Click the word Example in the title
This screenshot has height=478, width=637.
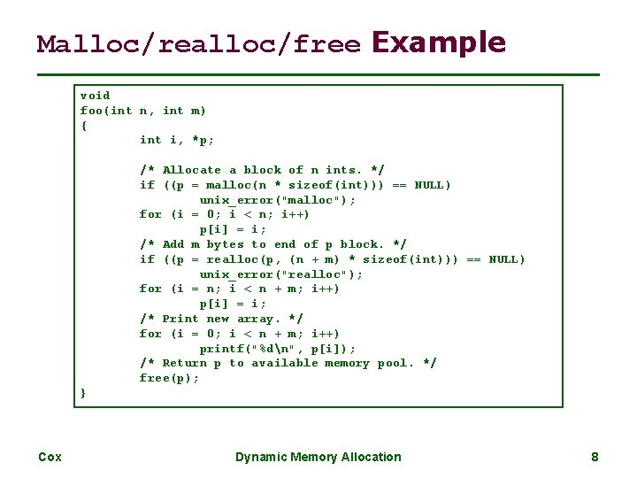coord(439,42)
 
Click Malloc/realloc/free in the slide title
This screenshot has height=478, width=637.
coord(199,44)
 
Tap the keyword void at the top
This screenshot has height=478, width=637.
coord(95,96)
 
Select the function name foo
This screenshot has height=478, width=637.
coord(91,111)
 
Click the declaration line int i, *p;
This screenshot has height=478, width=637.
coord(177,140)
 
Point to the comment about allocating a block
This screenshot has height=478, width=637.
coord(262,170)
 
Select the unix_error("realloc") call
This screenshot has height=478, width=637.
coord(281,274)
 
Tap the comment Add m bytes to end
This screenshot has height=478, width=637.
coord(273,244)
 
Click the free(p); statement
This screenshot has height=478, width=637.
coord(169,378)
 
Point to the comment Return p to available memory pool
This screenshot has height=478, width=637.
coord(288,363)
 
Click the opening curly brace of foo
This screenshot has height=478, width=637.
coord(84,126)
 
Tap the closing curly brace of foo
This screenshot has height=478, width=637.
coord(84,392)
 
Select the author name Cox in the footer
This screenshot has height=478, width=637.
coord(50,457)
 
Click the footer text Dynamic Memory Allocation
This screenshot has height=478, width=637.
coord(318,457)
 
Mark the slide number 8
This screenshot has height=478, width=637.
coord(595,457)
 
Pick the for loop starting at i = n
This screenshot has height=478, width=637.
coord(239,289)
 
